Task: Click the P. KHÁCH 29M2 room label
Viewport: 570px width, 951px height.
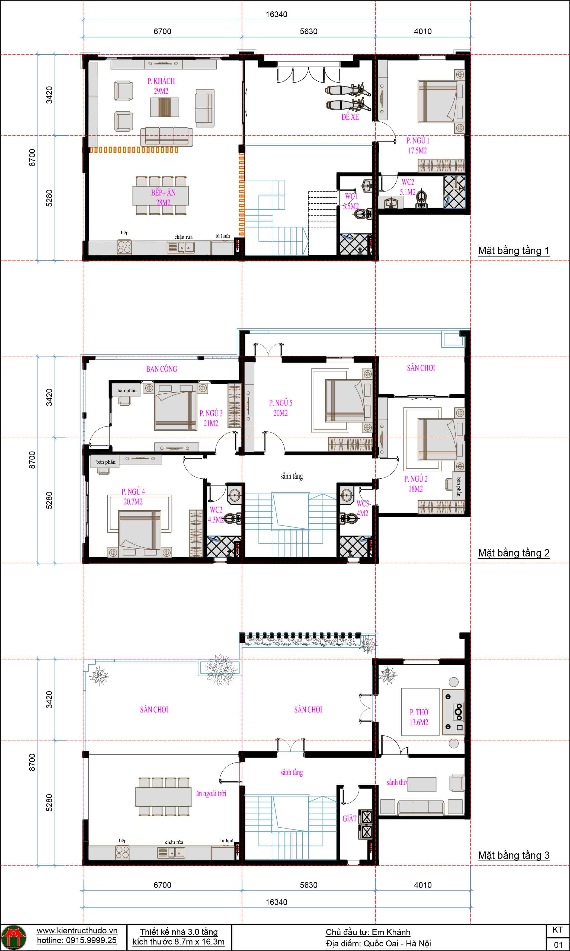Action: coord(161,86)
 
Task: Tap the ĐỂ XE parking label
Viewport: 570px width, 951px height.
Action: coord(350,117)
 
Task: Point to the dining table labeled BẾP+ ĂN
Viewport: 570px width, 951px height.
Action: coord(161,196)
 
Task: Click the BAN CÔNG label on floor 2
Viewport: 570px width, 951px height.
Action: coord(161,369)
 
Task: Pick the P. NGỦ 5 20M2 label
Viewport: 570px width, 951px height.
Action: coord(280,408)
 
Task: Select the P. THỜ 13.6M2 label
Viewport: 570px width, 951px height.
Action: coord(419,717)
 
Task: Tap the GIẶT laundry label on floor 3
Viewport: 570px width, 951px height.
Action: coord(349,818)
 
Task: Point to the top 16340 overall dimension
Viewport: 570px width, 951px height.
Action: coord(276,14)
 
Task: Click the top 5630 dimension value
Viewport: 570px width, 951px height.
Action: coord(308,31)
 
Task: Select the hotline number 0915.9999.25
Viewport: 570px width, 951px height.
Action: coord(76,940)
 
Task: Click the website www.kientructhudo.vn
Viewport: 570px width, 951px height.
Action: coord(77,930)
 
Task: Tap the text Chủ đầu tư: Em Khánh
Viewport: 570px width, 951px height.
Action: coord(368,932)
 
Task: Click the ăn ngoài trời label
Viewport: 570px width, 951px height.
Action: coord(211,793)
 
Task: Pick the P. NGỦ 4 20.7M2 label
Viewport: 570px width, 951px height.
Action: coord(133,497)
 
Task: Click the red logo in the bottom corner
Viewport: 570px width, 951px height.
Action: coord(14,937)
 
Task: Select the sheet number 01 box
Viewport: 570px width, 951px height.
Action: coord(558,944)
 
